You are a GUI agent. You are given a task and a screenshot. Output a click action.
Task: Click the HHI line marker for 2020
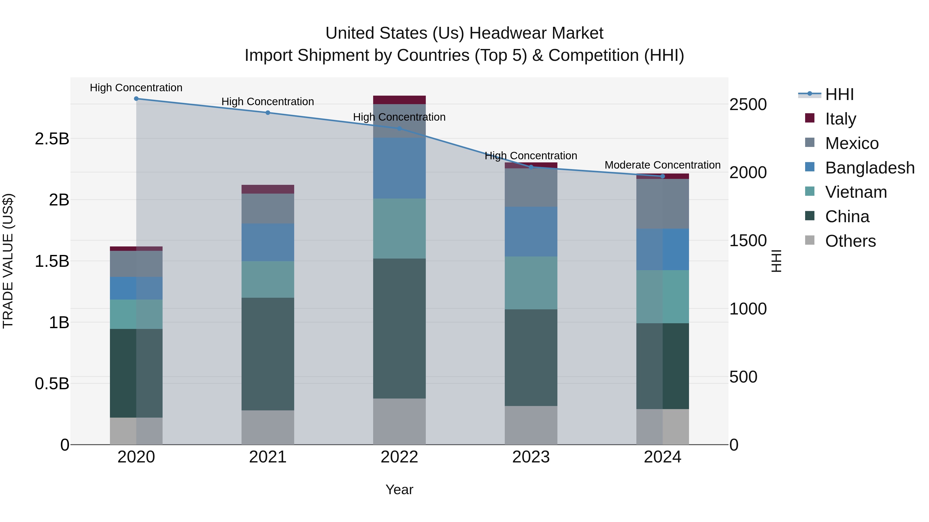[x=136, y=99]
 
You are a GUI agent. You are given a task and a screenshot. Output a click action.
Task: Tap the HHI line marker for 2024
[x=662, y=176]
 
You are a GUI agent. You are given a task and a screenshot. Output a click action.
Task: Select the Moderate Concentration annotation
[x=662, y=165]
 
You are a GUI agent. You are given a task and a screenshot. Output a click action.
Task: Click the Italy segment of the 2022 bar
[x=399, y=100]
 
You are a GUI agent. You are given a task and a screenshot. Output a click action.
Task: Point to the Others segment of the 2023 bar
[x=531, y=425]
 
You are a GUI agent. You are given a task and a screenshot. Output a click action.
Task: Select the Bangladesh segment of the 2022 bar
[x=399, y=168]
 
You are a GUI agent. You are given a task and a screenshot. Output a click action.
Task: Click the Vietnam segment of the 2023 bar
[x=531, y=283]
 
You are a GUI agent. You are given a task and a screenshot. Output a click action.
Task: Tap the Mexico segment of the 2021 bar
[x=268, y=208]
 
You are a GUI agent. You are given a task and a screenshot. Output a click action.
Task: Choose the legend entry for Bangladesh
[x=869, y=168]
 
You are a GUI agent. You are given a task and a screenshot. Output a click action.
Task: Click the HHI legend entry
[x=839, y=94]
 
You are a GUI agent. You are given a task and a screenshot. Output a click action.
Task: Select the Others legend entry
[x=850, y=241]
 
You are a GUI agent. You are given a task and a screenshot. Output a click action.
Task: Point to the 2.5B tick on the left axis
[x=52, y=139]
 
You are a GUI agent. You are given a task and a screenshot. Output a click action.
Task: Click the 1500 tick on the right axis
[x=748, y=241]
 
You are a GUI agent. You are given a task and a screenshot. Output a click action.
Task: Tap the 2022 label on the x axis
[x=399, y=457]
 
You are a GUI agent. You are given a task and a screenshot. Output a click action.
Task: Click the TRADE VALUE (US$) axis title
[x=8, y=261]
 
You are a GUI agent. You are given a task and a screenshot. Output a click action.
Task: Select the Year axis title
[x=399, y=490]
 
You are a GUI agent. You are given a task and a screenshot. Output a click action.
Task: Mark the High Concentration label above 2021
[x=268, y=102]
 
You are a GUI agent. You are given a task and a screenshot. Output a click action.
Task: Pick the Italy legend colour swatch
[x=810, y=118]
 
